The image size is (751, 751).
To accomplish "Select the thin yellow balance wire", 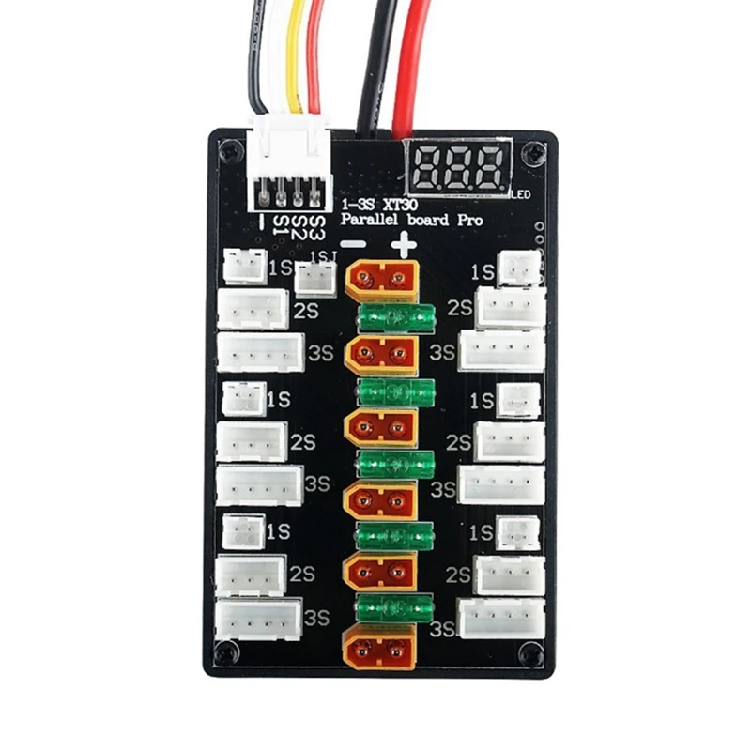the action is pos(295,56).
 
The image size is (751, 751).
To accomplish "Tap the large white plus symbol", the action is pos(405,247).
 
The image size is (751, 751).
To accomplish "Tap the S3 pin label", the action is pos(315,226).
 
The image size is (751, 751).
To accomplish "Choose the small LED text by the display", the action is pos(522,194).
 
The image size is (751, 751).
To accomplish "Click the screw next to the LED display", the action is pos(532,150).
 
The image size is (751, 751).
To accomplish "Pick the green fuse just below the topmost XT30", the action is pos(397,317).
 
